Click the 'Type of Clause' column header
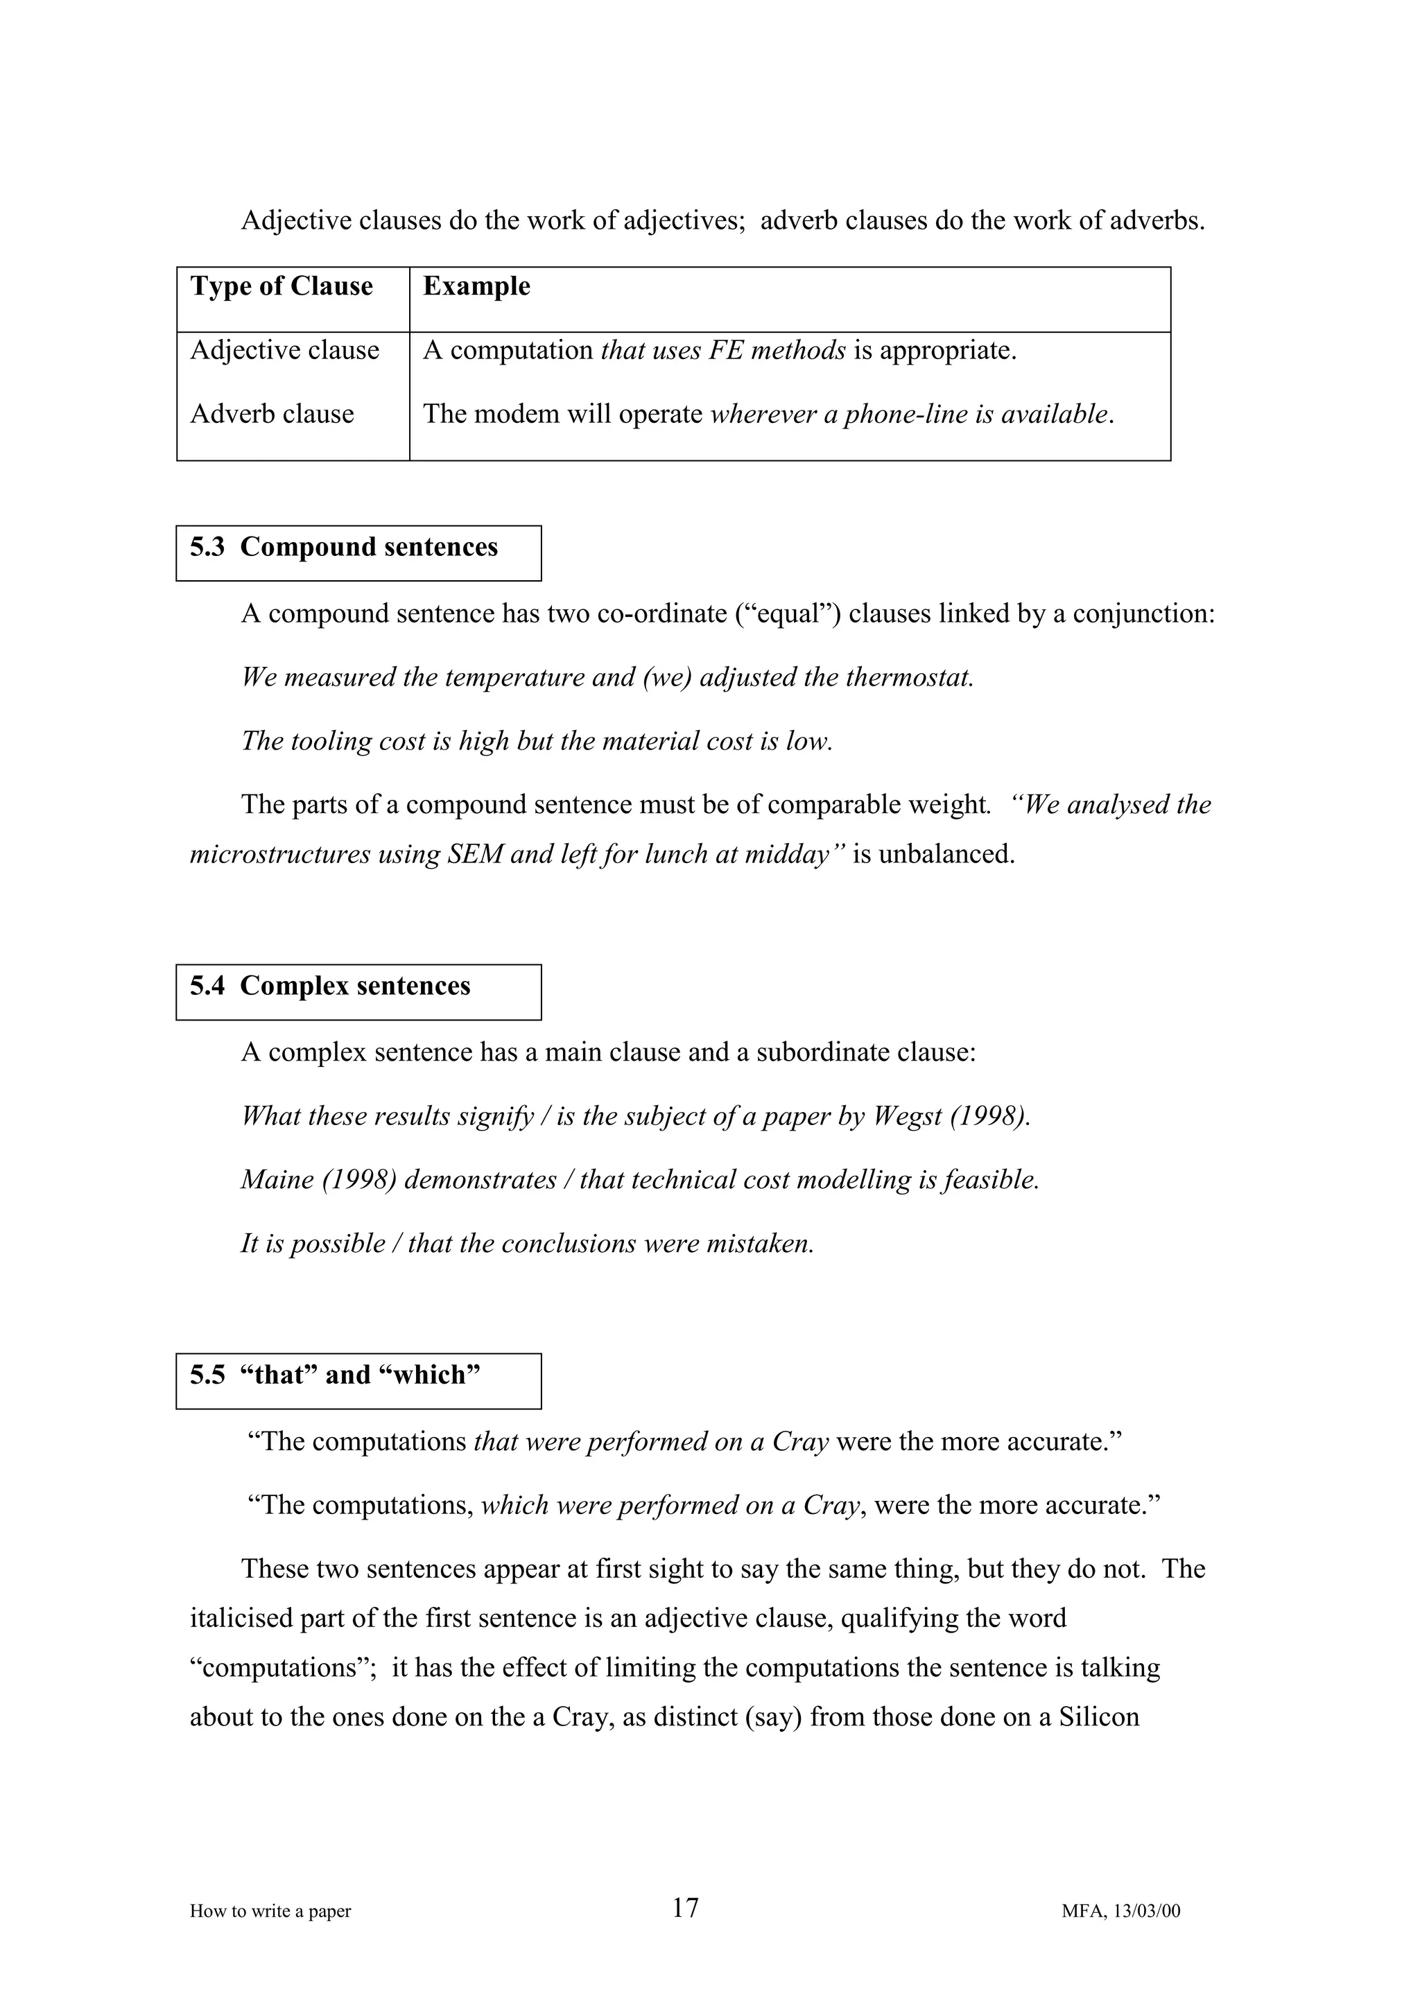pos(282,287)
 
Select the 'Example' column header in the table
pos(477,287)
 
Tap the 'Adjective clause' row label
pos(285,351)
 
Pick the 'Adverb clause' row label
pos(272,414)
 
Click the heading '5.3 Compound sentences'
pos(344,548)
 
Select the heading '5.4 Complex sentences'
pos(331,987)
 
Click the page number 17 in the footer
pos(685,1908)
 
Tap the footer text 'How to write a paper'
pos(270,1911)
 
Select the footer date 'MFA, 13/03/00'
pos(1120,1911)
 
